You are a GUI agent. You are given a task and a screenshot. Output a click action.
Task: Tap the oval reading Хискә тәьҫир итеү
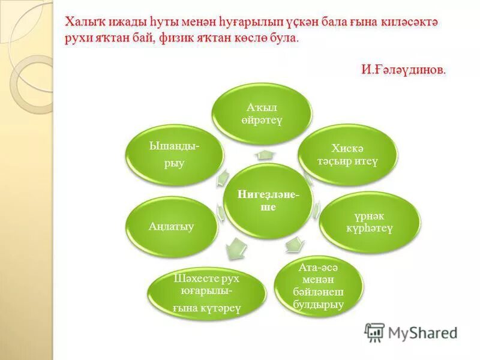(347, 155)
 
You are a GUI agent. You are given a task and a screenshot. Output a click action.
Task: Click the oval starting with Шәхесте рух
(207, 293)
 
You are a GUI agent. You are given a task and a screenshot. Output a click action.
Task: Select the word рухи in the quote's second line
(78, 37)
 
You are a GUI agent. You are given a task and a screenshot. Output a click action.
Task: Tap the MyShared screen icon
(374, 332)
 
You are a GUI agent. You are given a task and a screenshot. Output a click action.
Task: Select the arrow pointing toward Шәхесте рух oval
(238, 245)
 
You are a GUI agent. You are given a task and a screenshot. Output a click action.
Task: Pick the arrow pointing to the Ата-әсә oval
(293, 244)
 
